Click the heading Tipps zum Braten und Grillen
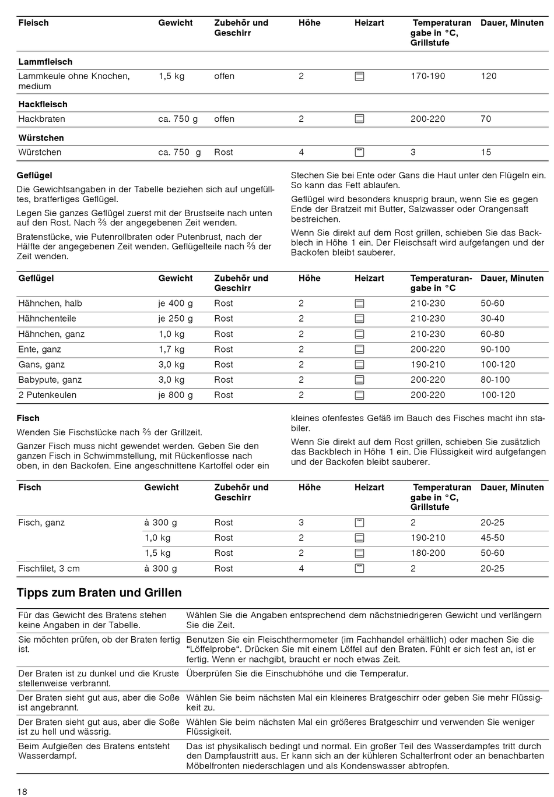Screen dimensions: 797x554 click(x=99, y=593)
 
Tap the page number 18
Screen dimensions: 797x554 click(x=22, y=791)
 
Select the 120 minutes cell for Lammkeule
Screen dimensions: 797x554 click(x=489, y=76)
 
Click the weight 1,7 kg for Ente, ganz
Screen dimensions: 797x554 click(x=171, y=349)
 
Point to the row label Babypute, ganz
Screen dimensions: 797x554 click(x=50, y=379)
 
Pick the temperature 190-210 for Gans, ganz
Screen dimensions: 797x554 click(x=427, y=364)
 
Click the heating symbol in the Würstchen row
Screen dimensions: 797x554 click(x=360, y=152)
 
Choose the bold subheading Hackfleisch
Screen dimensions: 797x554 click(x=43, y=104)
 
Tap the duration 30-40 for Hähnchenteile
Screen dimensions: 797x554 click(x=492, y=318)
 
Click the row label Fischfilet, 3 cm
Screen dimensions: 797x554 click(x=49, y=568)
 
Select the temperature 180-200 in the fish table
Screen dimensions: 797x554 click(x=427, y=553)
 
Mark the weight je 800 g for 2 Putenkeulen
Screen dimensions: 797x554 click(x=176, y=394)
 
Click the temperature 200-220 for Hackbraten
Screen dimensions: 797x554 click(x=427, y=119)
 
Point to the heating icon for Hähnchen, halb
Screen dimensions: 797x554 click(x=360, y=304)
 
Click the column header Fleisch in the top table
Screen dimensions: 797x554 click(x=33, y=23)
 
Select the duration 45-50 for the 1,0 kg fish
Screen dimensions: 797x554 click(x=492, y=538)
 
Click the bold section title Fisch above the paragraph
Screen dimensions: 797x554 click(x=29, y=418)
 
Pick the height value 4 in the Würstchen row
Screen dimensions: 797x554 click(x=301, y=152)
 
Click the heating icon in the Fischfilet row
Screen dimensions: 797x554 click(x=360, y=568)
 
